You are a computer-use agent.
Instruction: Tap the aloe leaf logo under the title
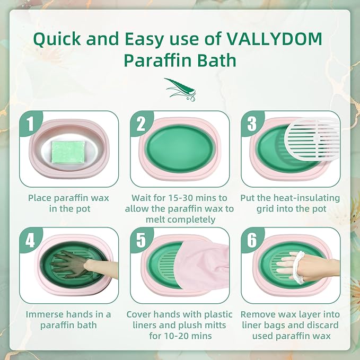179,86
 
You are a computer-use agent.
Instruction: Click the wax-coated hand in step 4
70,264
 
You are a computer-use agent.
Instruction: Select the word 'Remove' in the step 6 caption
258,314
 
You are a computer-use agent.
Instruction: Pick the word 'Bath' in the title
215,60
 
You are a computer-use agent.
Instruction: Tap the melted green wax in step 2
179,150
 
